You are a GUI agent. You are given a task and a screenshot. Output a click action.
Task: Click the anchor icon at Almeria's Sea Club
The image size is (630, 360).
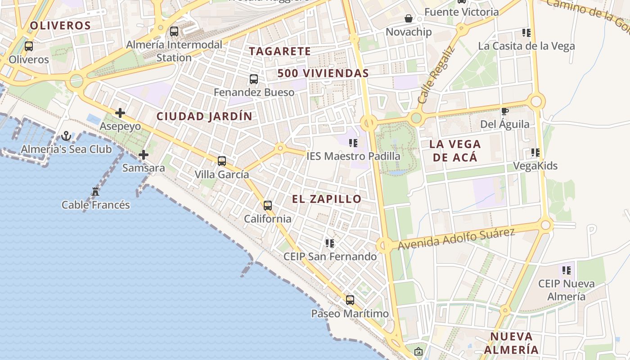point(66,135)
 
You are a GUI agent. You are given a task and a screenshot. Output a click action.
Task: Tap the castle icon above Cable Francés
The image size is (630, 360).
point(95,192)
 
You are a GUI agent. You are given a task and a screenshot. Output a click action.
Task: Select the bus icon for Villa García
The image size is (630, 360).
point(221,161)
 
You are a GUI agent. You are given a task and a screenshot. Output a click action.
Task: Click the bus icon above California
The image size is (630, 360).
point(268,206)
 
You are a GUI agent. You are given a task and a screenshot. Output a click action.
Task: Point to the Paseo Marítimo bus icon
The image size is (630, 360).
point(350,300)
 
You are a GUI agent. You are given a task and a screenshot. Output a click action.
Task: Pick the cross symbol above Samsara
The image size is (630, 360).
point(144,155)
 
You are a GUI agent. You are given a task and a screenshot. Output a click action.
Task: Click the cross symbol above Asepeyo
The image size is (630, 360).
point(120,113)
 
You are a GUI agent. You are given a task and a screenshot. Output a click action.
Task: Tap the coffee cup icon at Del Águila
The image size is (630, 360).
point(505,111)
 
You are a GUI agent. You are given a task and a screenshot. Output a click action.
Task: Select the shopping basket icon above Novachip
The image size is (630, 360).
point(409,18)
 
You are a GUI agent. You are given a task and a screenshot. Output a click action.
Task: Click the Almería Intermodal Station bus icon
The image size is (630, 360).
point(174,31)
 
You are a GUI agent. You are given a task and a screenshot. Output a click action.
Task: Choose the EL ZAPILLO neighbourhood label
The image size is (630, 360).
point(327,199)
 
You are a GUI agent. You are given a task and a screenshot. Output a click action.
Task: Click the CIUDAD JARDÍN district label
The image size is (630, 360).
point(204,116)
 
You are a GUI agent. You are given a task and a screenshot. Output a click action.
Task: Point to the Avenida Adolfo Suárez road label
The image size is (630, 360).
point(456,239)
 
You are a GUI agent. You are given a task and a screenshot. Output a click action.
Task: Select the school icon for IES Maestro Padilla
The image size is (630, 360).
point(353,143)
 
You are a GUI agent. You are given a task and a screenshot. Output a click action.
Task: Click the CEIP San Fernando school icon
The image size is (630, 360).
point(330,243)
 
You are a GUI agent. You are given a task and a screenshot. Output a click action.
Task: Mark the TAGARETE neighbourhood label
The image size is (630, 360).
point(280,51)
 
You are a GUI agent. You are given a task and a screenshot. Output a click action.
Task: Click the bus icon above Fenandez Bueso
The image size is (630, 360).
point(254,79)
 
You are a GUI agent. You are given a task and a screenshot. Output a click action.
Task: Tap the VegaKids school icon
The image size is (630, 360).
point(535,153)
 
